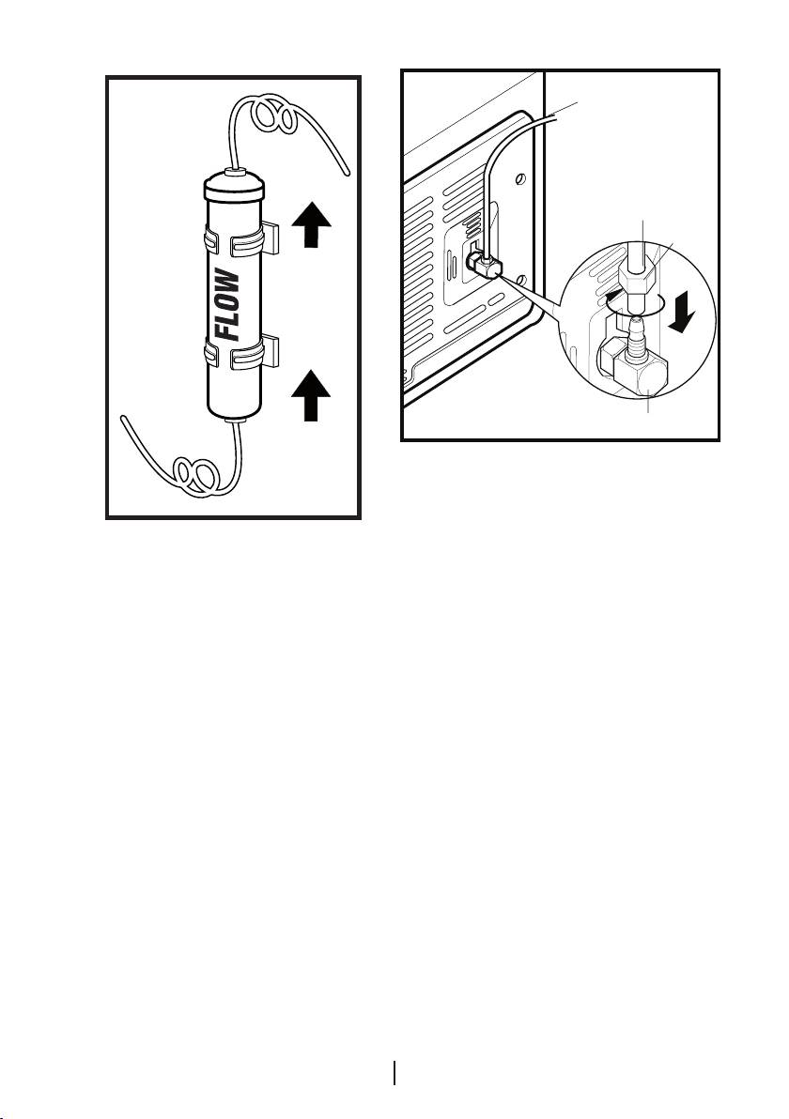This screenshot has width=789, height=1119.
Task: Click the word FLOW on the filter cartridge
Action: click(229, 304)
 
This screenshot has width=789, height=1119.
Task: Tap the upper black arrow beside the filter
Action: click(311, 224)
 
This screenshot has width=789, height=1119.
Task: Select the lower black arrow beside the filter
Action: click(311, 397)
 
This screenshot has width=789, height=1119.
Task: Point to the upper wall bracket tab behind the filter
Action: click(270, 238)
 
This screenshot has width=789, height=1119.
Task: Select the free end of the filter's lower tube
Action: click(124, 419)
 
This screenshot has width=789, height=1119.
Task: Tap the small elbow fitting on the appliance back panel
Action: click(484, 264)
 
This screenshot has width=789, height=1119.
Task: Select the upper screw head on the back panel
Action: click(521, 178)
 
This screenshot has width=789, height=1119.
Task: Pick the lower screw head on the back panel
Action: click(522, 278)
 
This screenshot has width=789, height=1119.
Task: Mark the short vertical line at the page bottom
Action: click(394, 1073)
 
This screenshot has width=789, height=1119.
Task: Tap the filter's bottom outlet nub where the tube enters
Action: click(235, 422)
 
